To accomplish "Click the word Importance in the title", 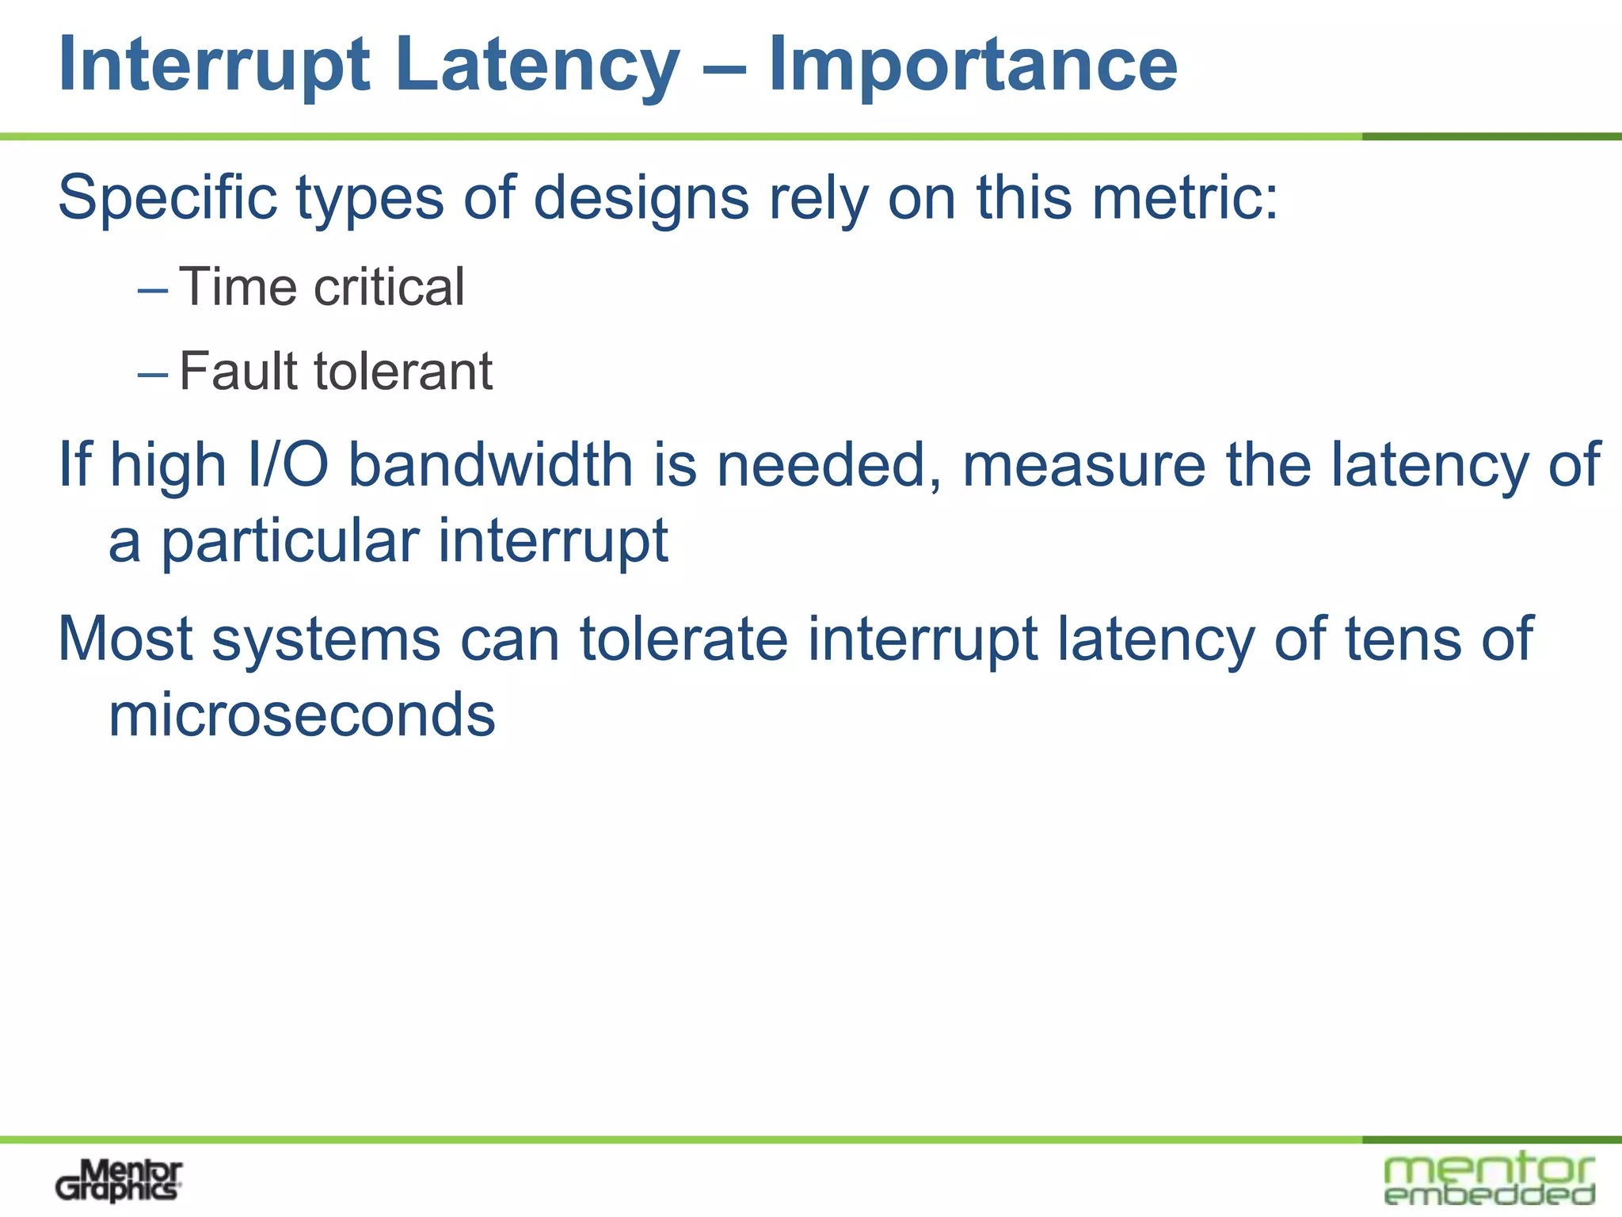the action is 973,65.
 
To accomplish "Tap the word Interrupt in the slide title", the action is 214,65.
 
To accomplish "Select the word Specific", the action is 167,197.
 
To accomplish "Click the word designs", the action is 641,197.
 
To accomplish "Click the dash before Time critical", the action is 152,290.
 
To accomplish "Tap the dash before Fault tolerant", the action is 152,374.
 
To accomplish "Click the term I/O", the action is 288,465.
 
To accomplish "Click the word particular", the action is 290,542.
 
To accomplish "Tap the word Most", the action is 125,639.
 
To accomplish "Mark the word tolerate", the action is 683,639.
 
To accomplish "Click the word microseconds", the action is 302,715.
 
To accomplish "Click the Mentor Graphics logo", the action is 119,1181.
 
